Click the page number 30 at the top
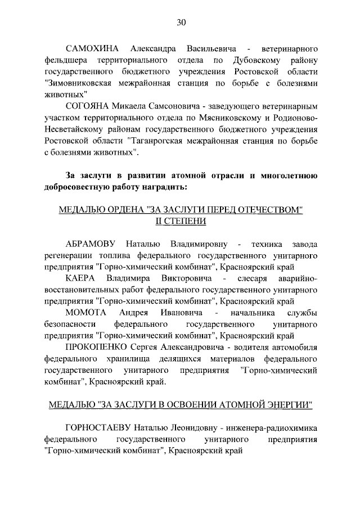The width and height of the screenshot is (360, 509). coord(181,22)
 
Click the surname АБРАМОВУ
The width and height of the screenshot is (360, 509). coord(91,245)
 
